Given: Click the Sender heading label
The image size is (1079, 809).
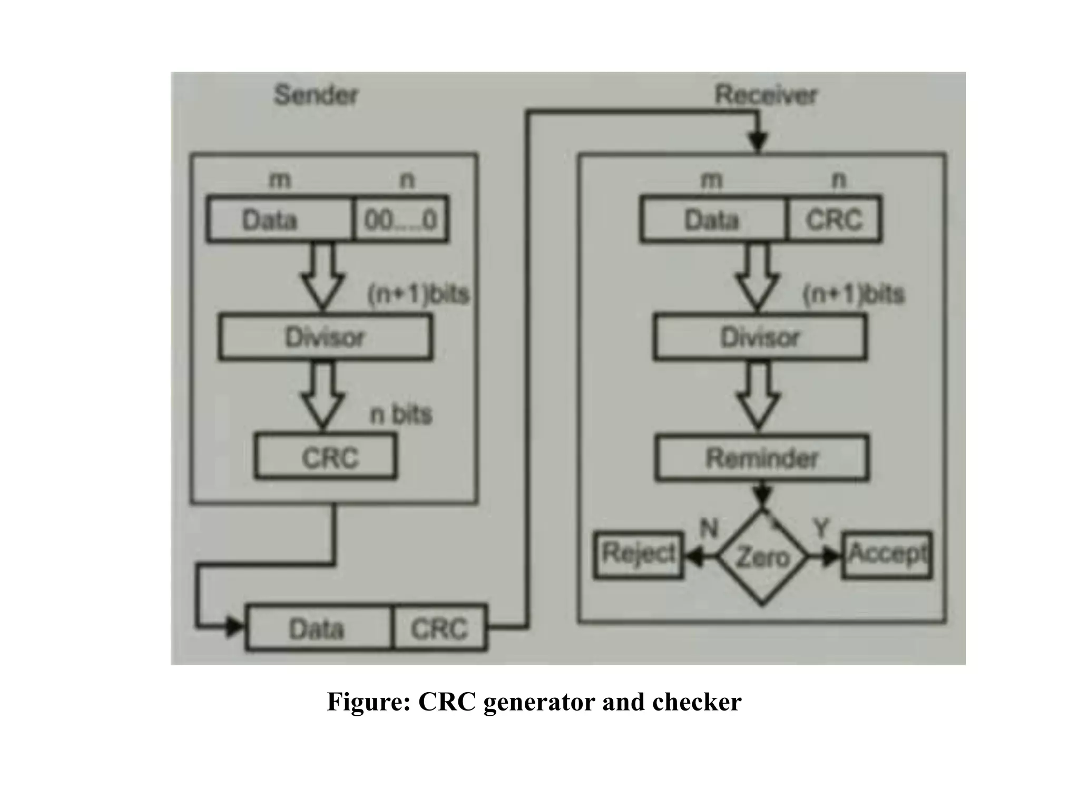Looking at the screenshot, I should coord(316,95).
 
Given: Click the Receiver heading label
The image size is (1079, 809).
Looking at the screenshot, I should coord(765,95).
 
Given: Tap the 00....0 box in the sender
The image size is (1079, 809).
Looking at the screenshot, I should coord(400,219).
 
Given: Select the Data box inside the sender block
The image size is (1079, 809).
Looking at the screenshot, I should coord(279,219).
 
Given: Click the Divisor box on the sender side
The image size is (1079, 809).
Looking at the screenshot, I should coord(325,337).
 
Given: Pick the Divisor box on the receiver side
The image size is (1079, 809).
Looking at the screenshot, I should coord(760,337).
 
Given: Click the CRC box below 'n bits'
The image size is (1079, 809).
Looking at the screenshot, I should coord(326,457).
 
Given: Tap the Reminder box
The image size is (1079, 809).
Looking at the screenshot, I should coord(762,457).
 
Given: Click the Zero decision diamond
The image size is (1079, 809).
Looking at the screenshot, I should coord(762,557).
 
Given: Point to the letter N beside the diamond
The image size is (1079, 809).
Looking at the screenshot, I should coord(709,528).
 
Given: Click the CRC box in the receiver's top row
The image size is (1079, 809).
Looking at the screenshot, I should coord(833,219).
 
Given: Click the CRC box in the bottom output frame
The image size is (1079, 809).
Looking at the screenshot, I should coord(439,628).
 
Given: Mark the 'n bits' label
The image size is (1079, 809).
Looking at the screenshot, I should coord(401,415).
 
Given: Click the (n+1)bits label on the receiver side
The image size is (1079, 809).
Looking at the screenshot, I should coord(853,294).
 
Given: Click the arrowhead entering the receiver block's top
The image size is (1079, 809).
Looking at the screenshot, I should coord(758,142).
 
